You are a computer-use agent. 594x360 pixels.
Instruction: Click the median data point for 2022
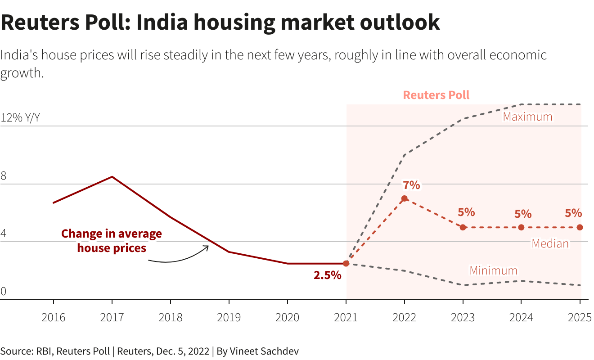pos(404,198)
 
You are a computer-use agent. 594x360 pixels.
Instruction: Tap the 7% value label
pos(411,185)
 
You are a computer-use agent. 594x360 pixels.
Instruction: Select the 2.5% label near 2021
pos(327,275)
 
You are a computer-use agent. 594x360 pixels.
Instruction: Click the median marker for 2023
pos(463,227)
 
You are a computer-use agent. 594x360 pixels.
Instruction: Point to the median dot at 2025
pos(580,227)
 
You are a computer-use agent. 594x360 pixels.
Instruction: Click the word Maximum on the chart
pos(527,117)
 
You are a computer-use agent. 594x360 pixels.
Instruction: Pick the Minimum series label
pos(494,270)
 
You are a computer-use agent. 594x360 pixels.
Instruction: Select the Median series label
pos(550,243)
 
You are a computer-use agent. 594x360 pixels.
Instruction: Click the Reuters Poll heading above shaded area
pos(436,95)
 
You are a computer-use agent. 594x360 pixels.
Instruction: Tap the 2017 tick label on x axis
pos(112,317)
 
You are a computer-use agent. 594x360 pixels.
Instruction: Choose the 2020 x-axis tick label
pos(287,317)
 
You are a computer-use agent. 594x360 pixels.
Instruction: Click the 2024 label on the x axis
pos(521,317)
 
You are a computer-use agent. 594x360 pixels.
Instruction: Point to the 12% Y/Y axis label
pos(20,118)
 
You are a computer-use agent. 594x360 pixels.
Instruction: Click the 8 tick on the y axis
pos(4,176)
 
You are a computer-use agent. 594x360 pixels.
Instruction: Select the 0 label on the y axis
pos(4,292)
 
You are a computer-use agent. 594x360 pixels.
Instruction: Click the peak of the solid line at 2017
pos(112,177)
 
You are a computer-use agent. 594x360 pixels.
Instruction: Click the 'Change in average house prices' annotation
pos(112,241)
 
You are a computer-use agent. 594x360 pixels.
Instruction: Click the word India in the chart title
pos(162,22)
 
